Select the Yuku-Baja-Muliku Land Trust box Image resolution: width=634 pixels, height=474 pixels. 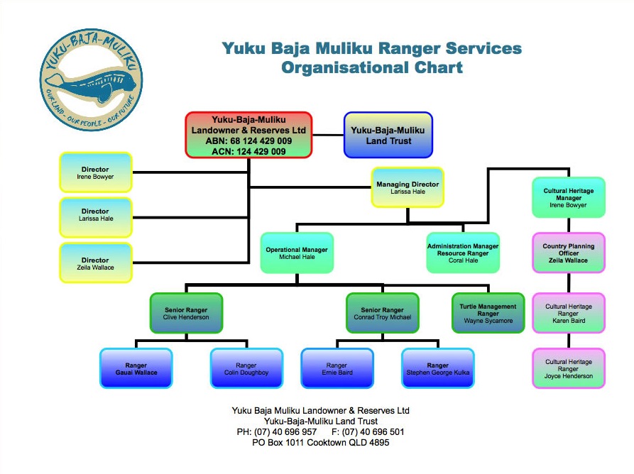click(388, 135)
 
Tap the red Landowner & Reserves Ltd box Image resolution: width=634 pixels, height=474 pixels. click(248, 135)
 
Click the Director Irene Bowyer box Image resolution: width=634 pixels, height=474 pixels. click(95, 172)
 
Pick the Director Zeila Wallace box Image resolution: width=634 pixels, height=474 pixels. click(95, 263)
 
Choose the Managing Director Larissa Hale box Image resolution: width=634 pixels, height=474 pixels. click(407, 187)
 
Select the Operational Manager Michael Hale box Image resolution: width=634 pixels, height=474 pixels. click(295, 253)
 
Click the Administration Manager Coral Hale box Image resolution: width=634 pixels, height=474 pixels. click(462, 253)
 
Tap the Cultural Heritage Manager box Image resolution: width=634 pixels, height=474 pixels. click(568, 197)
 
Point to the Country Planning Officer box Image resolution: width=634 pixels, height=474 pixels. click(568, 253)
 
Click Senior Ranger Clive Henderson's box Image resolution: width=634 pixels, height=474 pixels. click(186, 313)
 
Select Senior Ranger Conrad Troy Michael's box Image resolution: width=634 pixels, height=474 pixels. click(382, 313)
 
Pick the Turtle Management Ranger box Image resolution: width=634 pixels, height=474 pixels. click(488, 313)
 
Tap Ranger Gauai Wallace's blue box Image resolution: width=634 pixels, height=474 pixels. click(136, 368)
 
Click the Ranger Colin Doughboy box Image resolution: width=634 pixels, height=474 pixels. click(246, 368)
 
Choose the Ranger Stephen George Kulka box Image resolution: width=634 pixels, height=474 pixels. click(437, 368)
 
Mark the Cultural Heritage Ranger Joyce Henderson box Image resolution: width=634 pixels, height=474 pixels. click(568, 368)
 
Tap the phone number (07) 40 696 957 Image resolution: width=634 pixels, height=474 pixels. click(286, 431)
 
